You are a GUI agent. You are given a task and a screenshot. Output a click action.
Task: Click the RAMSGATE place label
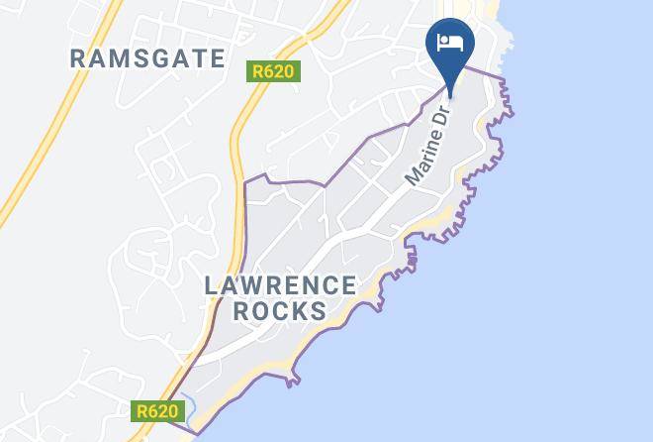click(x=148, y=58)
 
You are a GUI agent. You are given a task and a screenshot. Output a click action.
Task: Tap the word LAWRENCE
click(x=280, y=286)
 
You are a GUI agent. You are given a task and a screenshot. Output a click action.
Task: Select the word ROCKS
click(x=280, y=310)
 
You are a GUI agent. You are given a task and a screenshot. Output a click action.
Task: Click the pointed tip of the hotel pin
click(x=450, y=96)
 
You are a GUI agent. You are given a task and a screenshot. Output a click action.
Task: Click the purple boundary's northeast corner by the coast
click(x=504, y=76)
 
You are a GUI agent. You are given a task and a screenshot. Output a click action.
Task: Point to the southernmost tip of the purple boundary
click(x=196, y=433)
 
